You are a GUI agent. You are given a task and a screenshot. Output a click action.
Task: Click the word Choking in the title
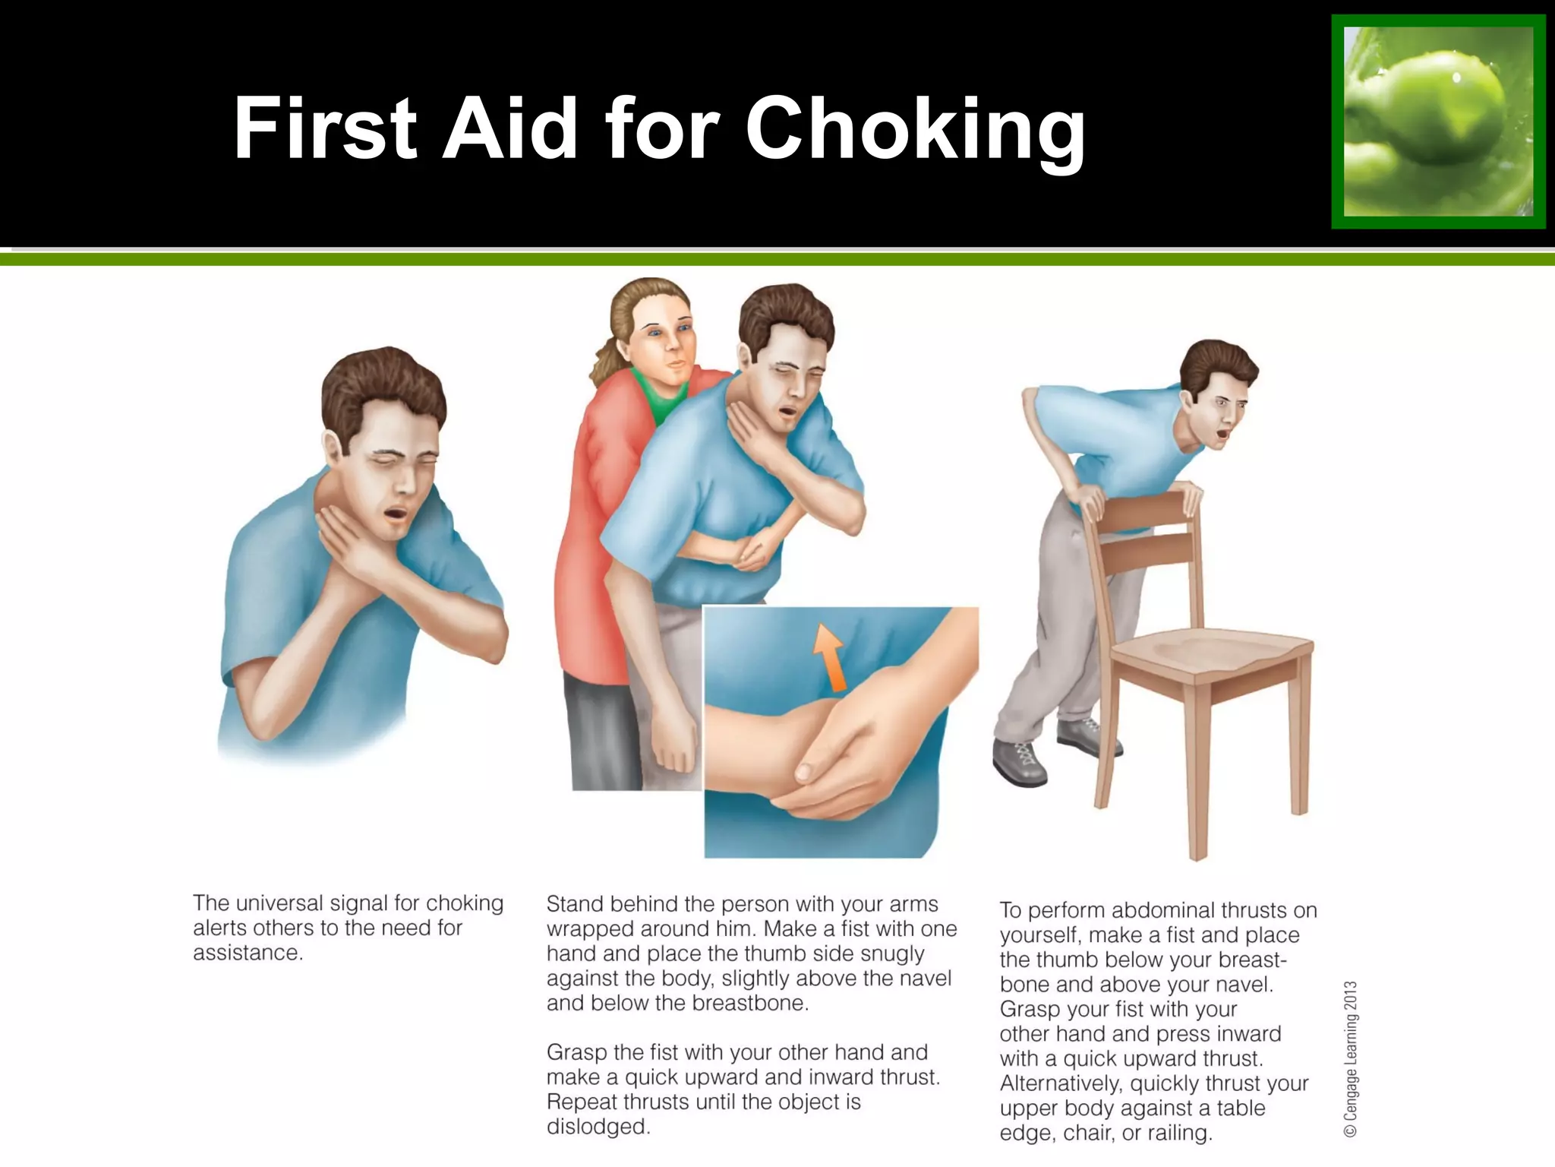915,129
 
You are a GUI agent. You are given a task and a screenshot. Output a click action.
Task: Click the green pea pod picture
1438,122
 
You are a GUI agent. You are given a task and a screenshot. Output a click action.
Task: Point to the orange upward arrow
828,656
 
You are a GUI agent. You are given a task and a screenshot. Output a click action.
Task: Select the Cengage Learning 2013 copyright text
1350,1059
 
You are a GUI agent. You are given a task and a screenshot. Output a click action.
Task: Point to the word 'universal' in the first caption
333,903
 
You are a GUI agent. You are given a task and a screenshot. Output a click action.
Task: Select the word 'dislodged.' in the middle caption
598,1126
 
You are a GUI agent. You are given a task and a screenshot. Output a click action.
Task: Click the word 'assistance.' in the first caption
248,953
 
